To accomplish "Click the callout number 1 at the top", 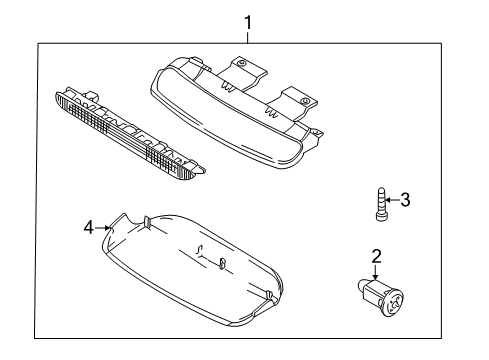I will tap(246, 20).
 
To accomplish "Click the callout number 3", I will tap(405, 200).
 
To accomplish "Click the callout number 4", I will tap(89, 227).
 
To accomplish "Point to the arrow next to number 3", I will tap(392, 200).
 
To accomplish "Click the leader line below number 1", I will tap(246, 46).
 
